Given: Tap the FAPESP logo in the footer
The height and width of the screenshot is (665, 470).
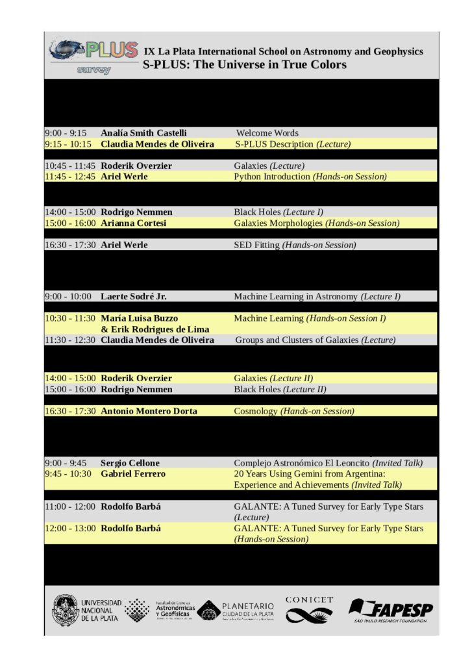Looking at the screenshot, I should [x=391, y=610].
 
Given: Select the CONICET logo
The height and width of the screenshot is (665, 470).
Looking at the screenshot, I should [x=309, y=609].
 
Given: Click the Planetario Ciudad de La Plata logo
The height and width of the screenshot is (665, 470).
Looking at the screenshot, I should [x=236, y=610].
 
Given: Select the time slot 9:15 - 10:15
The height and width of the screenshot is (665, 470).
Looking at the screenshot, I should [x=68, y=144].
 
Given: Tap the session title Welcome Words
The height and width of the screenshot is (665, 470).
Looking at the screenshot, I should [x=267, y=133].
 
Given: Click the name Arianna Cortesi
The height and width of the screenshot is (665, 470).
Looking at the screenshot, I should [x=134, y=223].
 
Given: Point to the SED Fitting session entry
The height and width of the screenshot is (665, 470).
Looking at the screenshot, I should [x=295, y=245].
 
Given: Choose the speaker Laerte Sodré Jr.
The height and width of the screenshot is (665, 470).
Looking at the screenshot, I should [x=134, y=297].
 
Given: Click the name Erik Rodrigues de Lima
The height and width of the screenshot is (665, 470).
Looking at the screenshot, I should [x=155, y=329].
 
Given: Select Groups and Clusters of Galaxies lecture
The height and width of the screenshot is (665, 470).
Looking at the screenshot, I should [x=315, y=340].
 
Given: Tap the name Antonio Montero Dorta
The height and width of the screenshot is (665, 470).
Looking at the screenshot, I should [x=149, y=411].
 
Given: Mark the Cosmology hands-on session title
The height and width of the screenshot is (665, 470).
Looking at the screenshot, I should [x=294, y=411].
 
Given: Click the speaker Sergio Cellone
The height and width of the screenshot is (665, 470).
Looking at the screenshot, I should [x=130, y=463].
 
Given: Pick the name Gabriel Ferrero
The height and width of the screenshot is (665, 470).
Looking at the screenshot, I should [x=133, y=474].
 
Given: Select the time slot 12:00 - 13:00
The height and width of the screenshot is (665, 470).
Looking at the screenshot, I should [x=70, y=529].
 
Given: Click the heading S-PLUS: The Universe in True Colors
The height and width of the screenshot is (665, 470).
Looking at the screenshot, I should [x=245, y=64].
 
